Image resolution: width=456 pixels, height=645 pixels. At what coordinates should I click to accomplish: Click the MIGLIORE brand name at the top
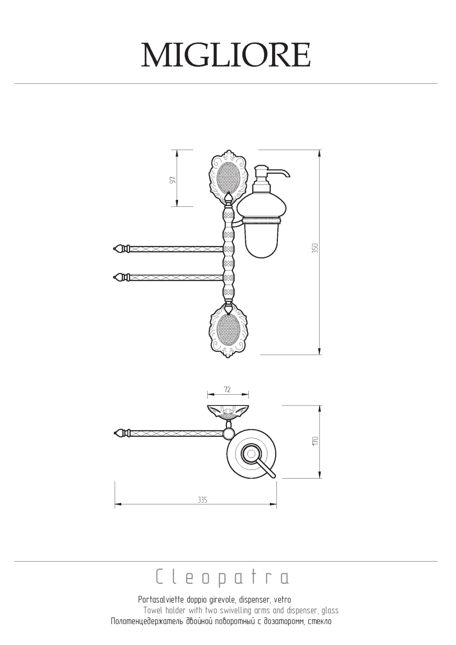point(226,55)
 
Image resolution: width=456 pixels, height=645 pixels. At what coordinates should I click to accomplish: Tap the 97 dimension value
point(173,180)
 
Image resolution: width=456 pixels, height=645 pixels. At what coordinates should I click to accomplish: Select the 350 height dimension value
point(315,248)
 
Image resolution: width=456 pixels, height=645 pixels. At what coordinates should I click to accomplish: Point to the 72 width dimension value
point(227,390)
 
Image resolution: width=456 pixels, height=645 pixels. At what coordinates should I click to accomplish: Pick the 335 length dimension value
point(202,500)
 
